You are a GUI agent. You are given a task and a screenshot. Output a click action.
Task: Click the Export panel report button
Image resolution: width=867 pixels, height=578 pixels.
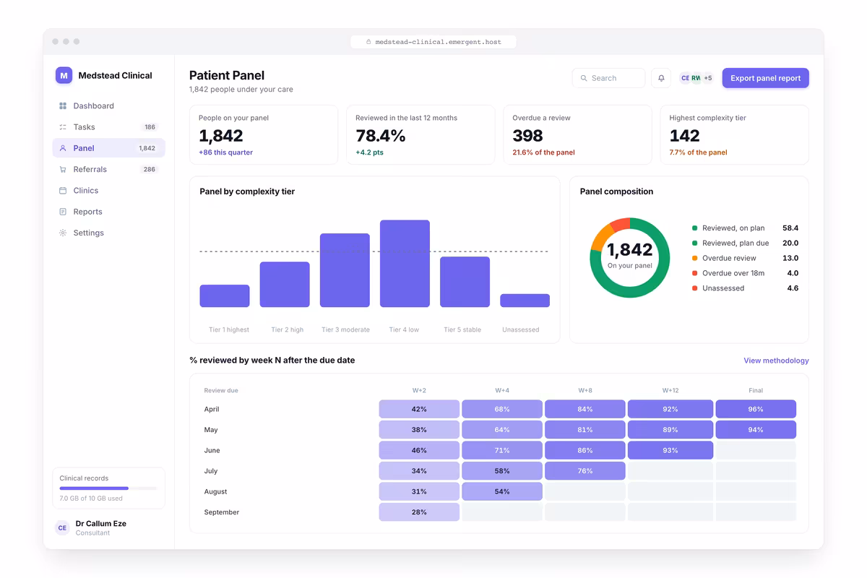pyautogui.click(x=765, y=78)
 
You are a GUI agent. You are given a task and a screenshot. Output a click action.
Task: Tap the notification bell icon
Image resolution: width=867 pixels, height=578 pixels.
pyautogui.click(x=661, y=78)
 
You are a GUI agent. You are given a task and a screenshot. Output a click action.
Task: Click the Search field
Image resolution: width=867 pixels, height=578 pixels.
pyautogui.click(x=608, y=78)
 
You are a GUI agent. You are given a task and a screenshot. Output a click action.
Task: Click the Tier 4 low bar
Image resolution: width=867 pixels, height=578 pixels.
pyautogui.click(x=405, y=264)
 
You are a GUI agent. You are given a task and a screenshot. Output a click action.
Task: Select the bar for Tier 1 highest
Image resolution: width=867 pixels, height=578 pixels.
pyautogui.click(x=225, y=296)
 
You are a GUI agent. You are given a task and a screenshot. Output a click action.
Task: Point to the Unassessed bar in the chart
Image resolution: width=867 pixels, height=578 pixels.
pyautogui.click(x=525, y=301)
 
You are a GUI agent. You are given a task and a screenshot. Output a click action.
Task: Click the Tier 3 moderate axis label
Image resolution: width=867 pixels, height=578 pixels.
pyautogui.click(x=345, y=329)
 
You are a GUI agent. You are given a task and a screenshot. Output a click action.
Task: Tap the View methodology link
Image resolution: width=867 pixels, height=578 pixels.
pyautogui.click(x=776, y=361)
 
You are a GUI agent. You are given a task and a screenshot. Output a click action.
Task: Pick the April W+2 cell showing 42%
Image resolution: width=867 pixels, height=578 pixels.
pyautogui.click(x=419, y=409)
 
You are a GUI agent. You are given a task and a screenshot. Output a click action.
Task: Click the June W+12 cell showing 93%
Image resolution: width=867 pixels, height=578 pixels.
pyautogui.click(x=670, y=450)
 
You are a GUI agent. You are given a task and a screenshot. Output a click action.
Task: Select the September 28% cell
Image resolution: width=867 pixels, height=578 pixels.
pyautogui.click(x=419, y=512)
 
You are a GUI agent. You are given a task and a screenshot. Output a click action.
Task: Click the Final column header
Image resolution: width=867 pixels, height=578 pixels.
pyautogui.click(x=756, y=390)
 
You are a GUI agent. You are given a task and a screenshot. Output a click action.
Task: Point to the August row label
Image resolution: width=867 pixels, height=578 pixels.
pyautogui.click(x=215, y=491)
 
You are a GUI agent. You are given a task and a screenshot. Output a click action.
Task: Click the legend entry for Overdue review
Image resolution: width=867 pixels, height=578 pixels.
pyautogui.click(x=723, y=258)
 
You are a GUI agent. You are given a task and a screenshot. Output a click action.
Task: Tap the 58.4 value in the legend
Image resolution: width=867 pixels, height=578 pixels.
pyautogui.click(x=790, y=228)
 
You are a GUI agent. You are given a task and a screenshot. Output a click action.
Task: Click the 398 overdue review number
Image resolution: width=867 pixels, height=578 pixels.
pyautogui.click(x=527, y=136)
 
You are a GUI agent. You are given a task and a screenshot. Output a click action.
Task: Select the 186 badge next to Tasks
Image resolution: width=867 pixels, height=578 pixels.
pyautogui.click(x=150, y=127)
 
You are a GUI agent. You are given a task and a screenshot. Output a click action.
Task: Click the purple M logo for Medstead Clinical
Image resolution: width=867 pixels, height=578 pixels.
pyautogui.click(x=64, y=75)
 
